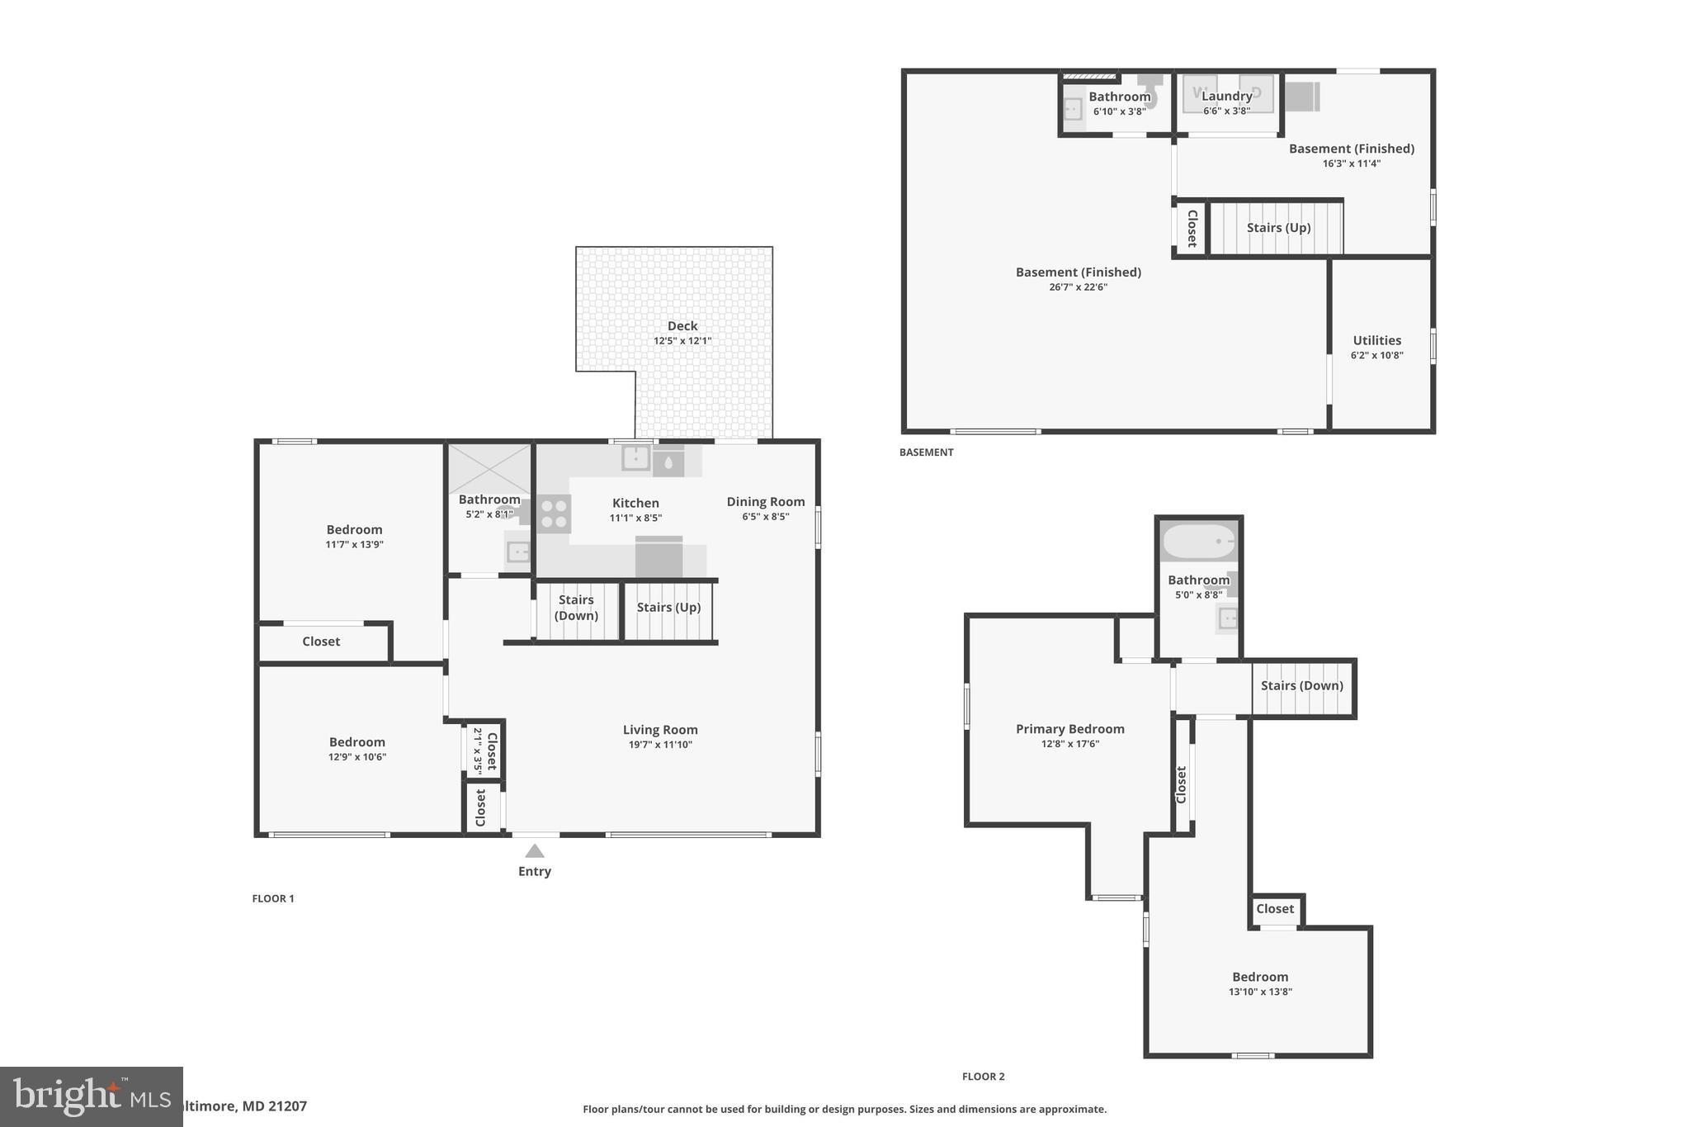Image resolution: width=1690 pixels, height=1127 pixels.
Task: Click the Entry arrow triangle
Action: point(535,851)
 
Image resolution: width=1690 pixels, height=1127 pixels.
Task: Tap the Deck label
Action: point(682,326)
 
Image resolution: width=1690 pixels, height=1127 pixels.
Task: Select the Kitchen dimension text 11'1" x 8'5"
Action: point(635,519)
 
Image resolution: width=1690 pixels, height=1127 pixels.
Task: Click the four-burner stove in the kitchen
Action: point(554,514)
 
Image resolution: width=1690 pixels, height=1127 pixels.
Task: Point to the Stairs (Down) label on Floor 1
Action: point(576,608)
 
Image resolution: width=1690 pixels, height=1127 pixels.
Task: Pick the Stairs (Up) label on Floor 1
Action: point(668,608)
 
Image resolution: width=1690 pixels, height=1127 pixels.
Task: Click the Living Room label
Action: point(660,730)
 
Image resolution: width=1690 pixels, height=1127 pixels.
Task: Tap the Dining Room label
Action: point(766,502)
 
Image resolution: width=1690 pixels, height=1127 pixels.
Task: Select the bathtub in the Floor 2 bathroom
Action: point(1199,542)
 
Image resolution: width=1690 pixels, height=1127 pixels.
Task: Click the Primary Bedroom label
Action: point(1070,729)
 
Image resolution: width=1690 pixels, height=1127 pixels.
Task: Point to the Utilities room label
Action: point(1376,340)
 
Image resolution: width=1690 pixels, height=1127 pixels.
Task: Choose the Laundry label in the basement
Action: point(1227,97)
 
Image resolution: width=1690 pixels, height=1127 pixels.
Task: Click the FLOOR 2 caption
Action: point(983,1077)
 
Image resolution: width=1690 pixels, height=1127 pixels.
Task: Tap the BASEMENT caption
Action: point(926,452)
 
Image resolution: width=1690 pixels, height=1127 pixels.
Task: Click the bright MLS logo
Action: point(91,1096)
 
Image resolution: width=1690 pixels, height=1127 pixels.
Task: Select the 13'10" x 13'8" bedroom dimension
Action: point(1260,992)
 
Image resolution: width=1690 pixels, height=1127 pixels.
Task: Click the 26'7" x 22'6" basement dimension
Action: point(1078,287)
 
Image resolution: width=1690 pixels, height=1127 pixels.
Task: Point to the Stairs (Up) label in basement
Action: point(1278,228)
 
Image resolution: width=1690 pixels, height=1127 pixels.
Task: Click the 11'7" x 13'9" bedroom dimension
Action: point(354,545)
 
